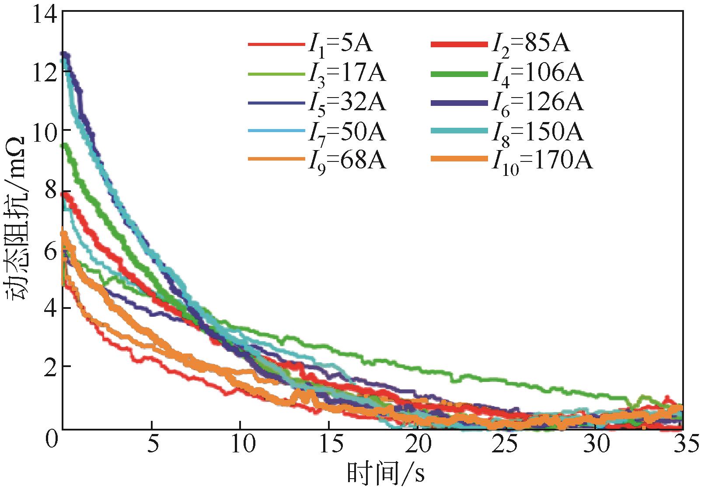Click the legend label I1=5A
click(x=339, y=45)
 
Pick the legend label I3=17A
click(x=346, y=74)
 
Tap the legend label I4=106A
click(x=537, y=74)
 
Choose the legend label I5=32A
click(x=346, y=103)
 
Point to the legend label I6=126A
click(x=537, y=103)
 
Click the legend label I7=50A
click(x=346, y=132)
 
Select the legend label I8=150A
click(x=537, y=132)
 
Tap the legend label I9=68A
click(x=346, y=161)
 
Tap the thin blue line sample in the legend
click(x=276, y=103)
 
